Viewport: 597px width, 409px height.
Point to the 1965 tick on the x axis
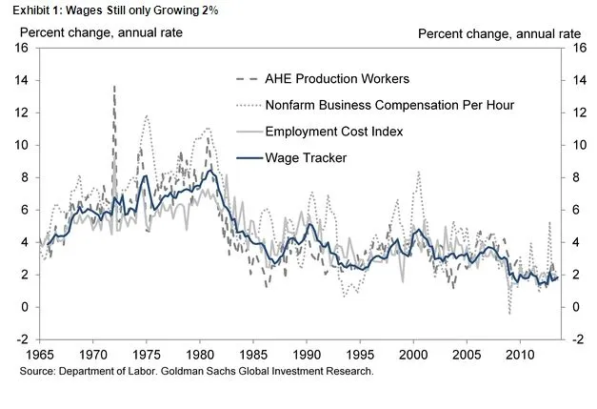[40, 355]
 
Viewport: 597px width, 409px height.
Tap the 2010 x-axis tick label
[519, 355]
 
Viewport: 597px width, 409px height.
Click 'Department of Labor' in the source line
[100, 370]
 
